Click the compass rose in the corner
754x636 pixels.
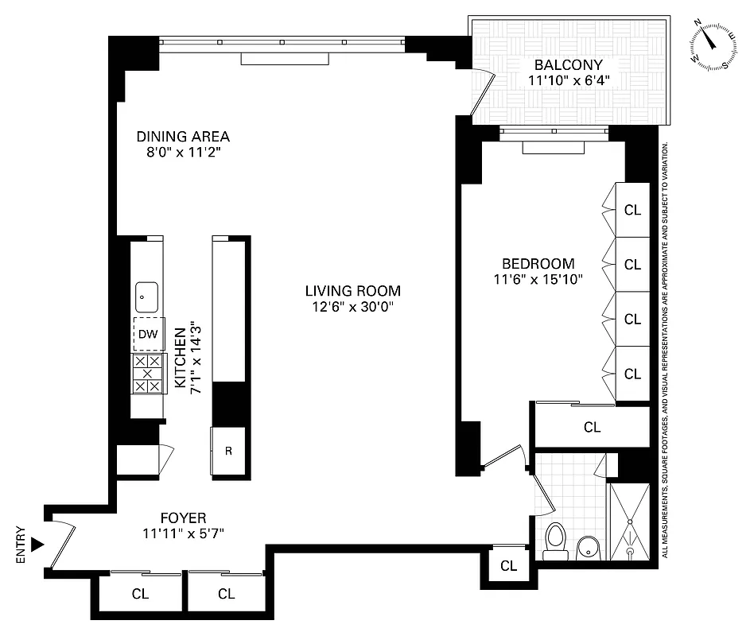[711, 46]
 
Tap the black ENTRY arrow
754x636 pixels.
[37, 545]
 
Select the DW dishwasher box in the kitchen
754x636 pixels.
[147, 334]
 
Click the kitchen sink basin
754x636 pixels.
[146, 297]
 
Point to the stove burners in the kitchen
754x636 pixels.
[147, 374]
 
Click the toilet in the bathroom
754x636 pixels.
[556, 541]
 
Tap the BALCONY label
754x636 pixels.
[568, 64]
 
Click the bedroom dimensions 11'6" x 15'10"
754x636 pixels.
[538, 279]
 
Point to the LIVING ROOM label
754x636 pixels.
[356, 291]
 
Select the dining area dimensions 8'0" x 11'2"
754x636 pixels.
[182, 152]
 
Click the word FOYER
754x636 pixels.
[182, 518]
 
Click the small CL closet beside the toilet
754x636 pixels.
[508, 566]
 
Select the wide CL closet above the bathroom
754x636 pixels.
[592, 427]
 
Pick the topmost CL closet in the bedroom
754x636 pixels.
[632, 211]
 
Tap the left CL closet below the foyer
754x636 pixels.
[139, 593]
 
